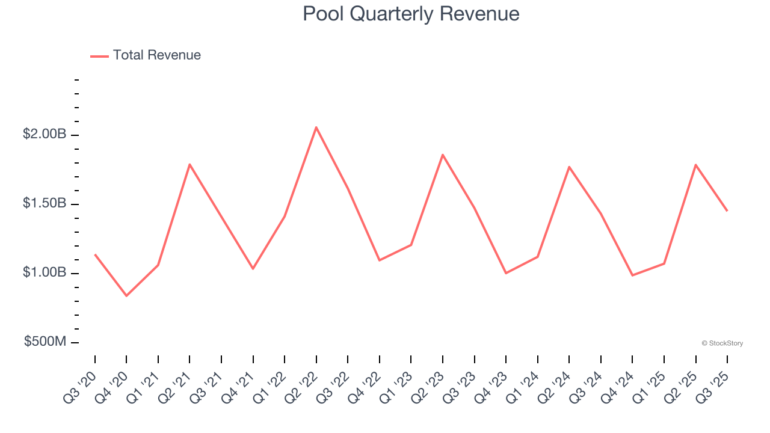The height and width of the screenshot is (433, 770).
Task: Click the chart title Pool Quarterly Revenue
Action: tap(411, 13)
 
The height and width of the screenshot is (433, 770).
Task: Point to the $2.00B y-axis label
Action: tap(45, 134)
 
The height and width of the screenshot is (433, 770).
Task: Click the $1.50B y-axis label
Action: tap(45, 203)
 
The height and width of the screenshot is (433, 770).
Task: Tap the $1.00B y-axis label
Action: tap(45, 272)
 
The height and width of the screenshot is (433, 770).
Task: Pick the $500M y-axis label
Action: tap(45, 342)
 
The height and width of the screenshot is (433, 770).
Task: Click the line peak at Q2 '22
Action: tap(316, 127)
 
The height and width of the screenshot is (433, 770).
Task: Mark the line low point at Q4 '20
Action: tap(126, 296)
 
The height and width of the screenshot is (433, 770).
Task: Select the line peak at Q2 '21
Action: tap(189, 164)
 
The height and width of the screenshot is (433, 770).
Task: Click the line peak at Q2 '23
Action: tap(443, 155)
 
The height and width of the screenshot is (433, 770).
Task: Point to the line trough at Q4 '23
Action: tap(506, 273)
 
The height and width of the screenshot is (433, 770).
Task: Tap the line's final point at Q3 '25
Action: tap(727, 210)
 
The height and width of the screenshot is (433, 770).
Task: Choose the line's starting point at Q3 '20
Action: tap(95, 254)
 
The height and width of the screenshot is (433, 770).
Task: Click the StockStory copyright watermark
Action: tap(722, 343)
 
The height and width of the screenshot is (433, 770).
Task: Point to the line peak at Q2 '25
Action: tap(696, 165)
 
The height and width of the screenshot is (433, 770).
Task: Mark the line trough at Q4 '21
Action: tap(253, 268)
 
